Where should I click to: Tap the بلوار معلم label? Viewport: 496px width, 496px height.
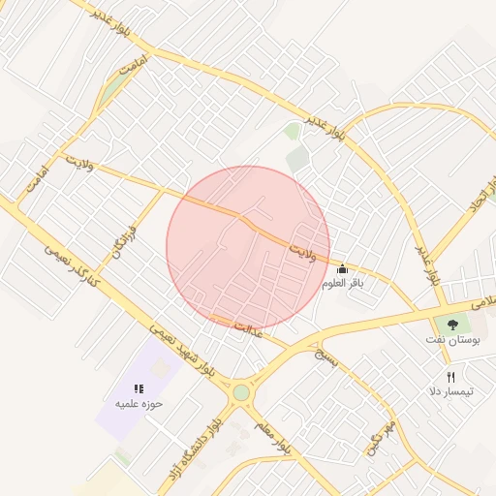click(x=273, y=437)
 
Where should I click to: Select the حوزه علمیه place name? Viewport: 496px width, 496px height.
click(x=139, y=403)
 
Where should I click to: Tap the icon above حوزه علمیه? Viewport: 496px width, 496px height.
click(x=139, y=387)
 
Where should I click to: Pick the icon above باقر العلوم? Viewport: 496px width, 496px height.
click(x=341, y=269)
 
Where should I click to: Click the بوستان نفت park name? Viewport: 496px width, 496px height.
click(x=451, y=340)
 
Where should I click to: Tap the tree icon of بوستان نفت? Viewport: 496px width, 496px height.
click(x=451, y=324)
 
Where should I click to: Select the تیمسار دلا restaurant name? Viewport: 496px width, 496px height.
click(x=451, y=391)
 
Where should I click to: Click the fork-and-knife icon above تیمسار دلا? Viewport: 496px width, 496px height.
click(x=450, y=377)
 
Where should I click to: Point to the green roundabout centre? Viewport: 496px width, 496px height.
click(x=240, y=392)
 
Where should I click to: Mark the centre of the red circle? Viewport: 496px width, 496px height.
click(x=248, y=248)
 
